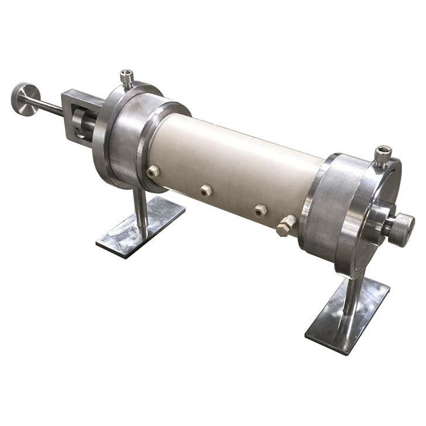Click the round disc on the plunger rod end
(x=25, y=98)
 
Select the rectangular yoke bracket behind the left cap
(x=78, y=115)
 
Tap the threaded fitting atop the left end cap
(x=126, y=77)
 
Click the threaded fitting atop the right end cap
(x=383, y=156)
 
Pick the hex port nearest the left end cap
(x=154, y=171)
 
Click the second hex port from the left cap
(x=205, y=190)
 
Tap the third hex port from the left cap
(x=260, y=209)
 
